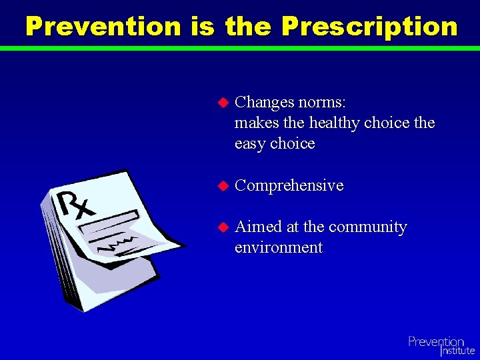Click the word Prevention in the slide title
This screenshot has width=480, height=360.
click(x=103, y=27)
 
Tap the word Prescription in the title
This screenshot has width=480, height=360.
click(x=369, y=27)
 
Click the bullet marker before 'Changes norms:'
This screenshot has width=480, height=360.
click(x=223, y=103)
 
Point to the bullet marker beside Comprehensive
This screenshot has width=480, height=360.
click(x=223, y=186)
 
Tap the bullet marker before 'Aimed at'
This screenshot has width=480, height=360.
click(x=223, y=227)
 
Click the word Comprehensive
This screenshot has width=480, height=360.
click(x=289, y=185)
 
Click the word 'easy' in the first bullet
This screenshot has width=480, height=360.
click(x=250, y=144)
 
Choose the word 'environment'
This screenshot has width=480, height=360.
click(x=279, y=247)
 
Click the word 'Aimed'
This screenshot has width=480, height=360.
click(x=259, y=227)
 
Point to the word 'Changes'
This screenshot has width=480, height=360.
click(x=264, y=102)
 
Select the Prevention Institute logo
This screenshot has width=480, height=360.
click(x=441, y=345)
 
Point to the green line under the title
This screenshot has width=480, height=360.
click(x=240, y=48)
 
